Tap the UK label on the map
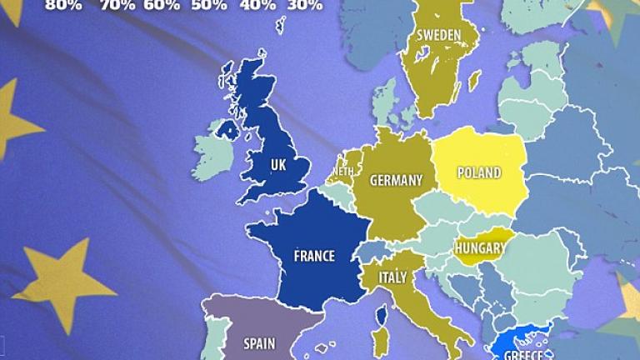(277, 166)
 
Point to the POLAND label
(479, 173)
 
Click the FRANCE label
(314, 256)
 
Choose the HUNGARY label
(479, 247)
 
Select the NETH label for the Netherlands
(342, 172)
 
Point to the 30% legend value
(305, 5)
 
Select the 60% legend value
(162, 5)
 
